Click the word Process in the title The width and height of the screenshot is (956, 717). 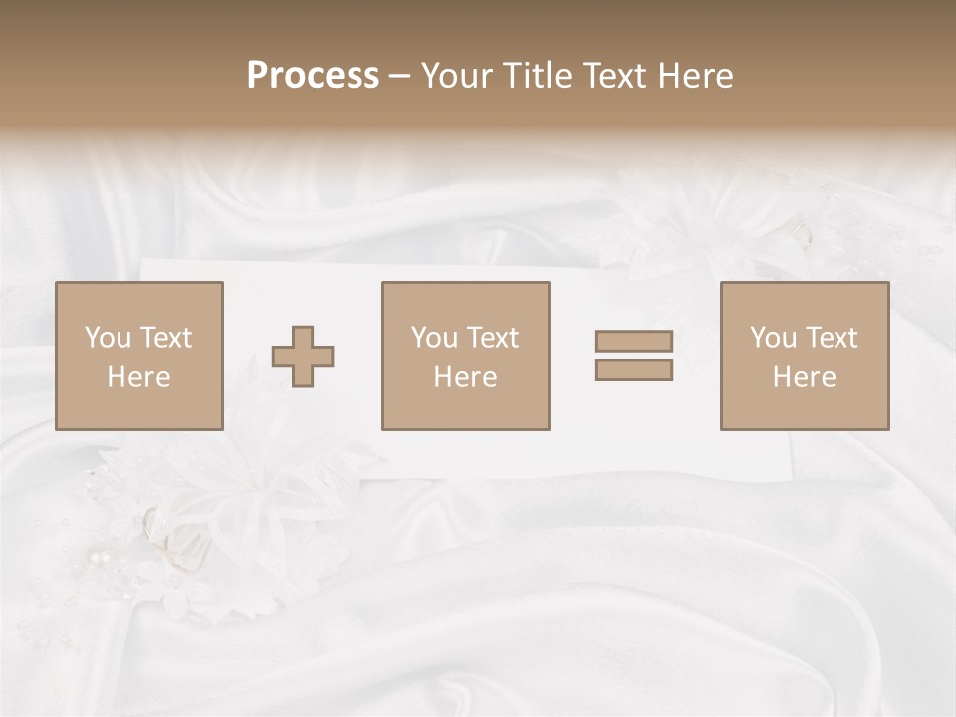click(313, 76)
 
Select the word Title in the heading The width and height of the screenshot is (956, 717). click(539, 76)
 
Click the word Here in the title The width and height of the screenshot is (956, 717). click(696, 76)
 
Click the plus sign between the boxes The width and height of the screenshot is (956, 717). click(303, 357)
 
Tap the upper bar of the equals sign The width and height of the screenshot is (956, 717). click(633, 341)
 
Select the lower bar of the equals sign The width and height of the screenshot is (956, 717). click(633, 370)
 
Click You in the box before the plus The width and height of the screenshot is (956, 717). click(108, 338)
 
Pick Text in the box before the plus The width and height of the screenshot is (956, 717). click(165, 338)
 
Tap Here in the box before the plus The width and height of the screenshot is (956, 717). click(138, 377)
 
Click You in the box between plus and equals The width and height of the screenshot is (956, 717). click(434, 338)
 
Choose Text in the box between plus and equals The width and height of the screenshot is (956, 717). click(492, 338)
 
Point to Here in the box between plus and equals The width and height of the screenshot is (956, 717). click(465, 377)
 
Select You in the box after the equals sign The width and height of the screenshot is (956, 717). click(773, 338)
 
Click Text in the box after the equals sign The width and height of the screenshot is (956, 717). click(831, 338)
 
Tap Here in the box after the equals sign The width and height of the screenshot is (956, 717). click(804, 377)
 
